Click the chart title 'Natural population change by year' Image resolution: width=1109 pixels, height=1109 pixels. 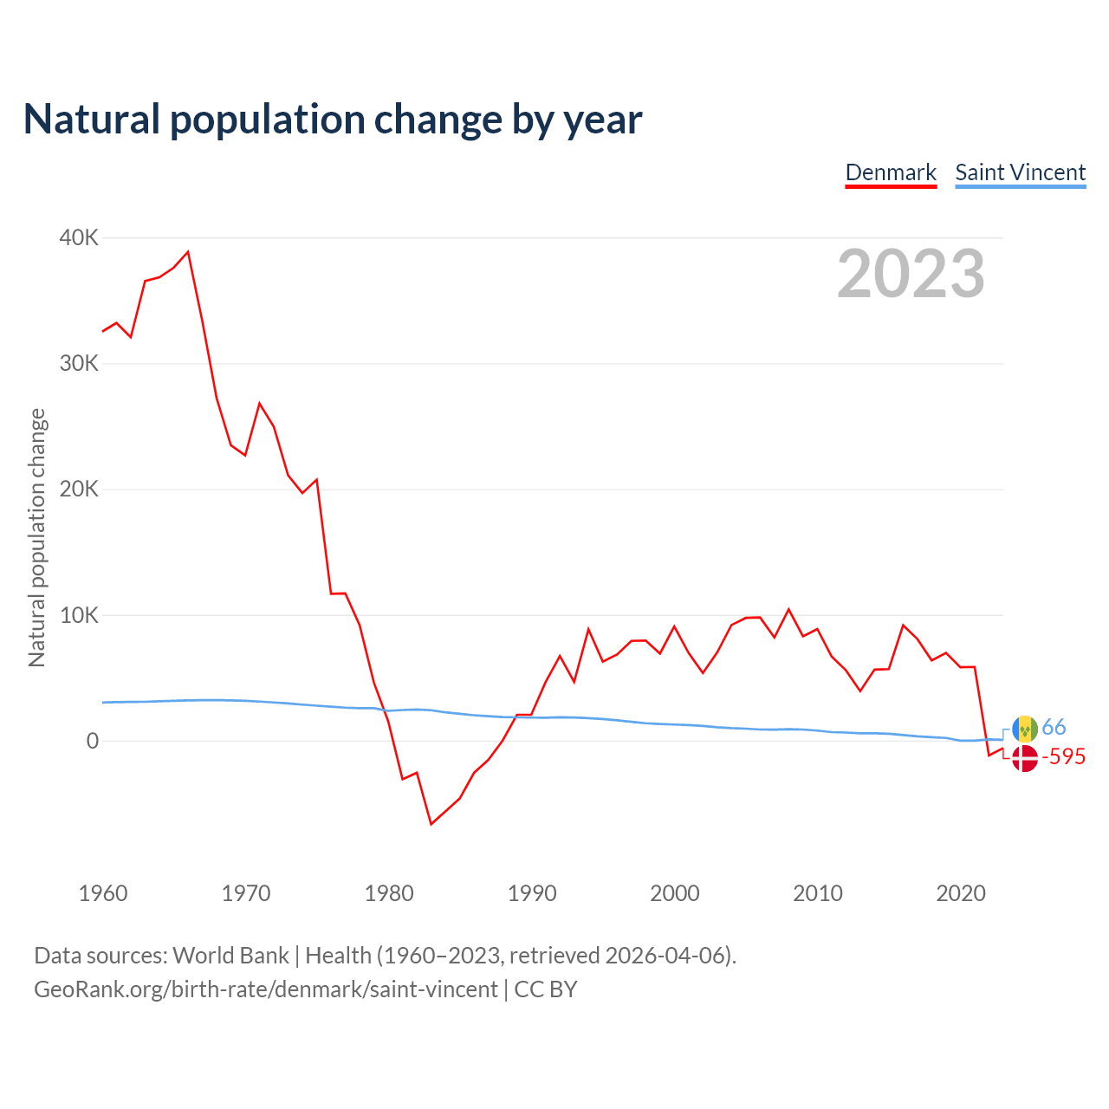(333, 120)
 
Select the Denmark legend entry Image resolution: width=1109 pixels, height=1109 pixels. (891, 172)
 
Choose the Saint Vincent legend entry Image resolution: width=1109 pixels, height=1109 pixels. (1020, 172)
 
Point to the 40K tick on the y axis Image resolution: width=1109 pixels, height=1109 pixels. (79, 237)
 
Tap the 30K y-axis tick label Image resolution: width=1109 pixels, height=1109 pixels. (79, 363)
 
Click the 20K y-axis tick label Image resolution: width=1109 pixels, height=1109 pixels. (79, 490)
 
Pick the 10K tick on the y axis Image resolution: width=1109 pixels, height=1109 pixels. (79, 615)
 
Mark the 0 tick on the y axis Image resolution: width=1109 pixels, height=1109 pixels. (92, 741)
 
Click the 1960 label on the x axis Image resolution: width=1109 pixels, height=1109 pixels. (103, 893)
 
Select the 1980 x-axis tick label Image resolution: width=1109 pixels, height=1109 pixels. (389, 893)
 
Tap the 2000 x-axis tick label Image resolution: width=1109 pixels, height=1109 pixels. (675, 893)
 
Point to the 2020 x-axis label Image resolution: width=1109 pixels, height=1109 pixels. (961, 893)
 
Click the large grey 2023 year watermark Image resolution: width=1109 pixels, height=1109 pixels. (911, 274)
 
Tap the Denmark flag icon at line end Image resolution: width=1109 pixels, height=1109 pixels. (1025, 758)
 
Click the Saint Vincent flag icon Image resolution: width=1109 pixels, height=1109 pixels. (1025, 729)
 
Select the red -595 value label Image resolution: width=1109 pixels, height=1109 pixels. (1064, 757)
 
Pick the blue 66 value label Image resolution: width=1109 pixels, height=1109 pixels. (1054, 727)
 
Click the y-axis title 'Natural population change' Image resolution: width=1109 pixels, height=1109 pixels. (37, 537)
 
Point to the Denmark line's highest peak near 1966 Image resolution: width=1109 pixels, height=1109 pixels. (188, 252)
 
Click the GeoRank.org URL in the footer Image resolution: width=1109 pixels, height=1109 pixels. (266, 989)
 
